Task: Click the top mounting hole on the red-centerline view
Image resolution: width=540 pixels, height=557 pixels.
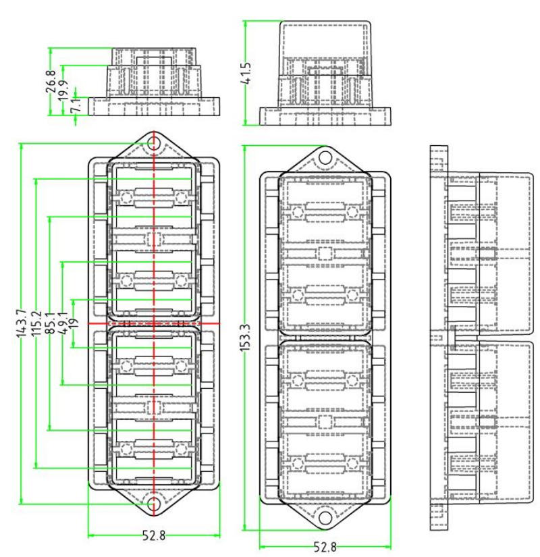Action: (x=155, y=143)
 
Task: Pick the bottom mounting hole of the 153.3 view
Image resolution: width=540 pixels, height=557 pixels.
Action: (x=326, y=519)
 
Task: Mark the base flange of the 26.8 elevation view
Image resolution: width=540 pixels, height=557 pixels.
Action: (x=155, y=107)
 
